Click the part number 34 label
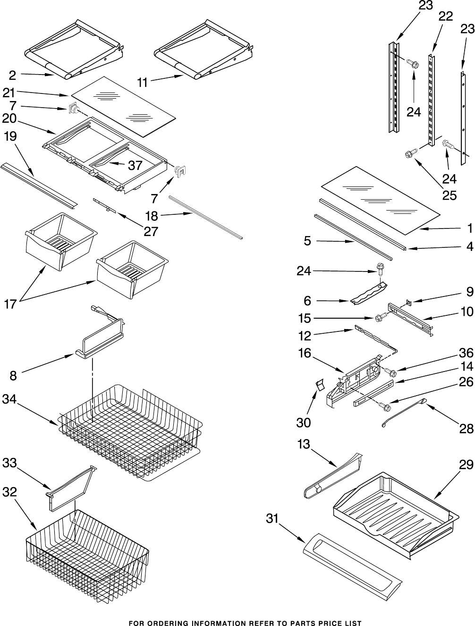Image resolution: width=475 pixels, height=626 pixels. (10, 399)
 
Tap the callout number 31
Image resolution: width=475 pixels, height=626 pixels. (273, 518)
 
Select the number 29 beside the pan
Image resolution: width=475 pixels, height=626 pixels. (466, 465)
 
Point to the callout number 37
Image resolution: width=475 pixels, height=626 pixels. (135, 165)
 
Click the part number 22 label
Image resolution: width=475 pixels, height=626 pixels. (445, 17)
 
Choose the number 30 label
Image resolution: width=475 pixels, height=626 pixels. (304, 423)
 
